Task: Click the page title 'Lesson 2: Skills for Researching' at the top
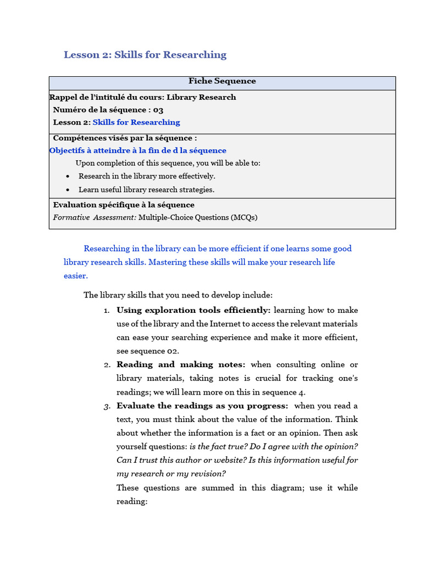[145, 54]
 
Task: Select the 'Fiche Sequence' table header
[222, 81]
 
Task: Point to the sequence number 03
[158, 110]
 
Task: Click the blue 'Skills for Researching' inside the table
[136, 122]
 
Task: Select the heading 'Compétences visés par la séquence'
[125, 138]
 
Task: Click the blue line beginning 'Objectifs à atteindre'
[137, 150]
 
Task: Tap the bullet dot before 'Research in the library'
[67, 176]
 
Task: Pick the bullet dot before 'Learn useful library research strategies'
[67, 190]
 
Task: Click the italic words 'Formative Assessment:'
[95, 217]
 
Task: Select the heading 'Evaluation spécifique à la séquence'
[124, 205]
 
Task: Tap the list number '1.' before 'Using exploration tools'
[107, 310]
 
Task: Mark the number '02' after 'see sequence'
[174, 351]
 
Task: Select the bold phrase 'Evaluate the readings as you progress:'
[202, 406]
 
